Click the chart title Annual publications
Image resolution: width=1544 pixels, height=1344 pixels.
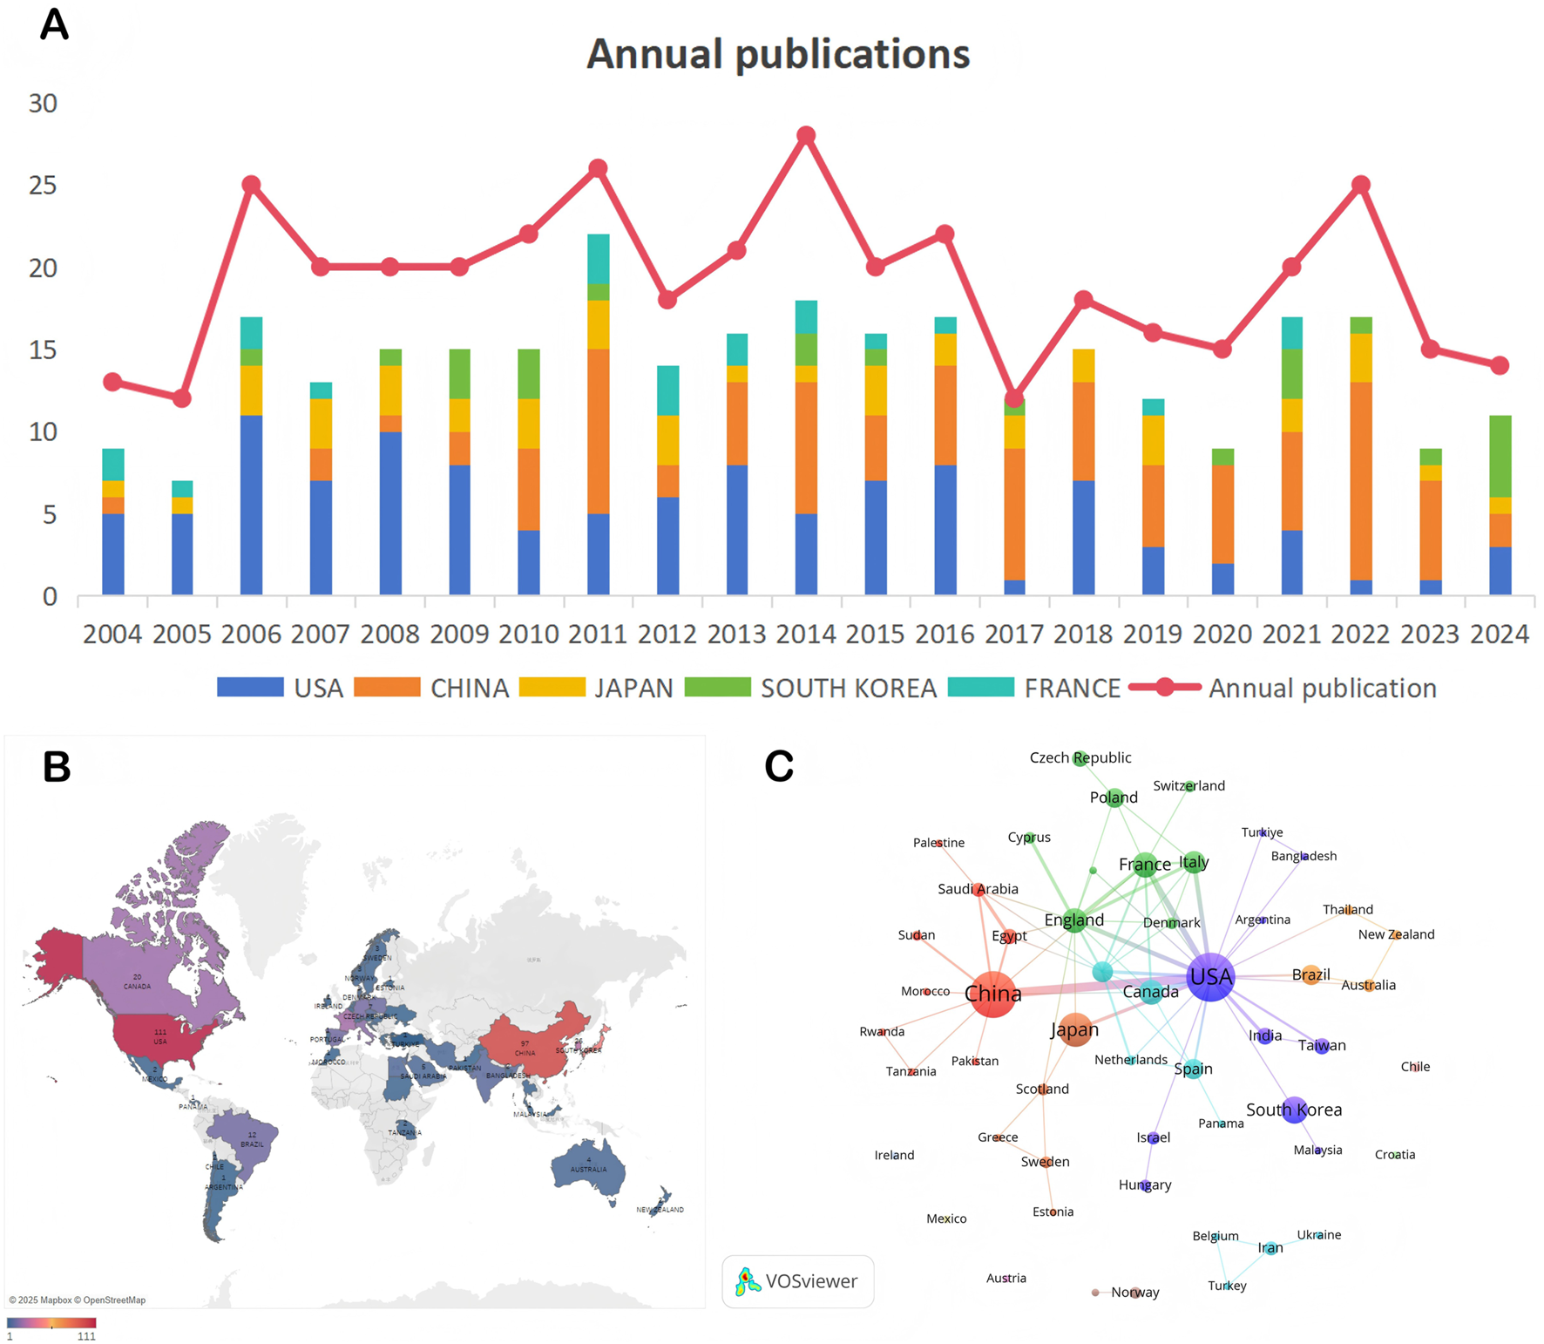coord(777,54)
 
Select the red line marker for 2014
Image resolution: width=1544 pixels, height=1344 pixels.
coord(806,136)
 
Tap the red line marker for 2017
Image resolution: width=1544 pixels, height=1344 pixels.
coord(1014,398)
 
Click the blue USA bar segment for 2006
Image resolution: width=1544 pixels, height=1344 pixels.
coord(251,506)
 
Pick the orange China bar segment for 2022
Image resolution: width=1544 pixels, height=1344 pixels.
coord(1361,481)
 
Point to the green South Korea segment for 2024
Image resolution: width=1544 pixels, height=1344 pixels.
coord(1500,456)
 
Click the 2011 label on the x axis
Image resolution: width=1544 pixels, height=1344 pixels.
coord(598,635)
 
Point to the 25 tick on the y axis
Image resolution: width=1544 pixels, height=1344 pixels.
coord(43,186)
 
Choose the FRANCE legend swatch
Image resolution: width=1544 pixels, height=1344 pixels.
coord(980,687)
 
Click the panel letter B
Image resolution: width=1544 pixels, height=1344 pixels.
coord(57,767)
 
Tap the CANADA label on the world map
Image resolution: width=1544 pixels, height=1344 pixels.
coord(137,986)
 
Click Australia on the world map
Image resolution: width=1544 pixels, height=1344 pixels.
coord(588,1168)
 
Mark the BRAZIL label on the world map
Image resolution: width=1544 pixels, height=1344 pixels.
coord(252,1144)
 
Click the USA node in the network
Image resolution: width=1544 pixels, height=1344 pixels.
coord(1210,977)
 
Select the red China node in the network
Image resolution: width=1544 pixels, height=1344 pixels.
coord(992,994)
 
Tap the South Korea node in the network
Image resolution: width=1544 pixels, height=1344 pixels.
coord(1294,1110)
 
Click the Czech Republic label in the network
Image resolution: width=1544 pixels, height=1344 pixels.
coord(1080,758)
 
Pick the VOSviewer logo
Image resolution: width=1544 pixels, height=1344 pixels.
coord(797,1281)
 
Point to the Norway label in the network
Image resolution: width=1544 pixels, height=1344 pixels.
coord(1134,1293)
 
